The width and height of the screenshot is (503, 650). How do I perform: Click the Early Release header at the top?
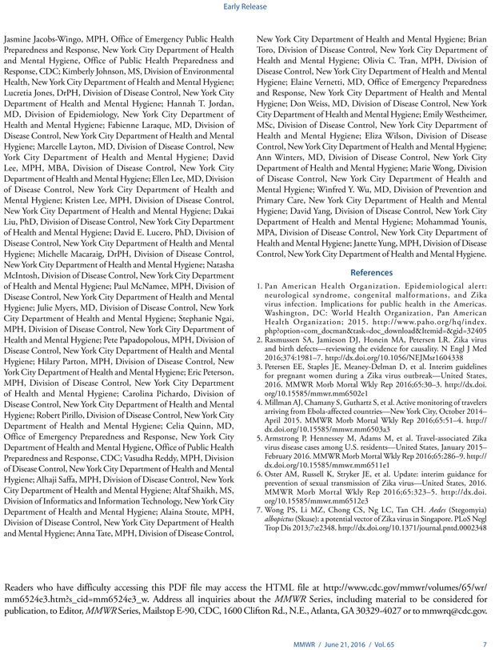click(x=250, y=10)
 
